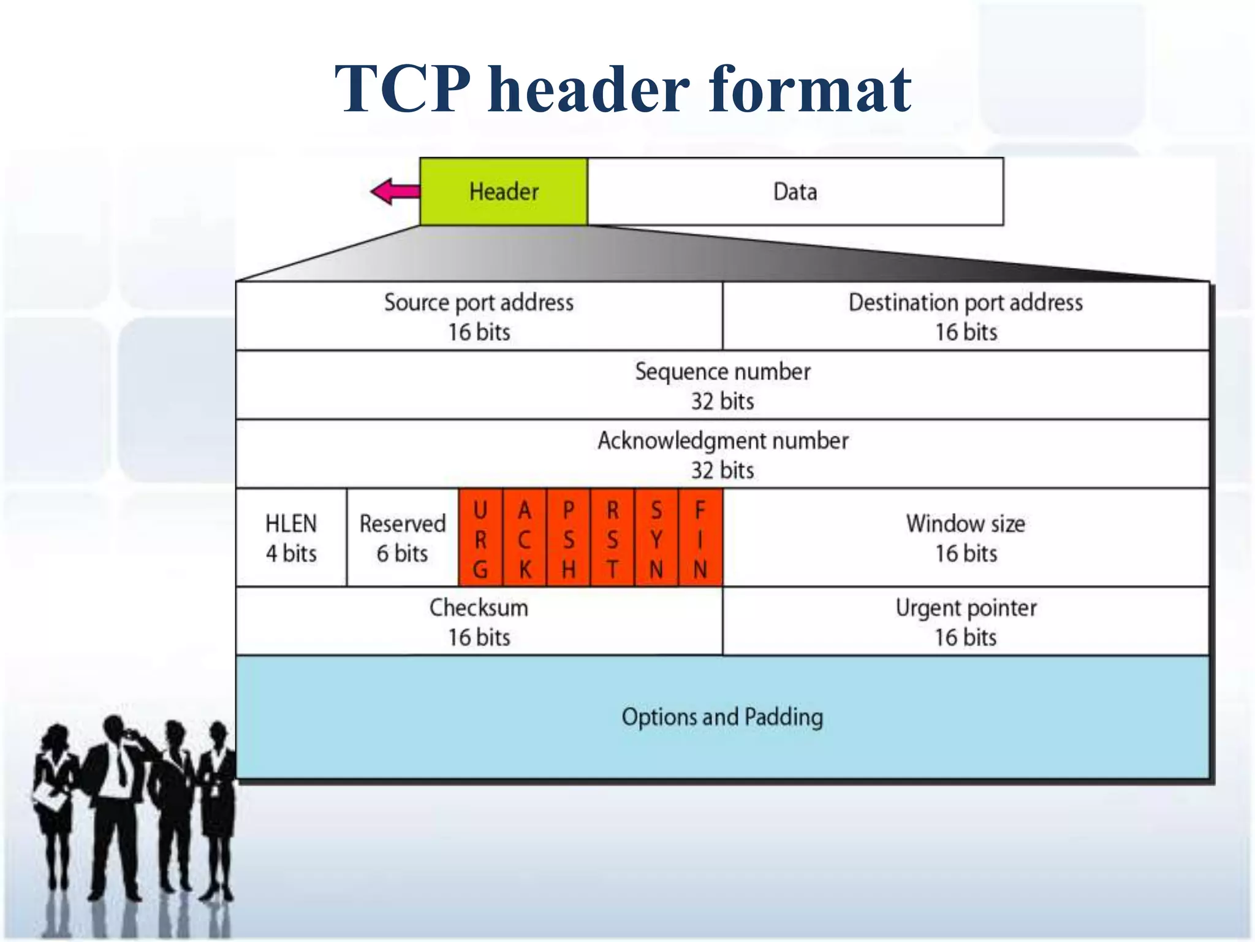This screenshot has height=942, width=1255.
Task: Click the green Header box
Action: coord(504,191)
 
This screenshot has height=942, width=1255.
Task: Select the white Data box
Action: coord(795,191)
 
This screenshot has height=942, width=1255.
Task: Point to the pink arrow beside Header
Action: coord(395,191)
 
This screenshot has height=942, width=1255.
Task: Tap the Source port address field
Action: coord(479,316)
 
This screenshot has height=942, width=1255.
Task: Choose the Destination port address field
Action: coord(966,316)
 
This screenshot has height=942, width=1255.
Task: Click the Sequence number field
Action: coord(722,385)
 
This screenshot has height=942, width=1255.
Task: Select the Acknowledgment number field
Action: coord(722,454)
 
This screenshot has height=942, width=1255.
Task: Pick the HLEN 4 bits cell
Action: coord(291,538)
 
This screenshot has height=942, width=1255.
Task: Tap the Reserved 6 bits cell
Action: coord(402,538)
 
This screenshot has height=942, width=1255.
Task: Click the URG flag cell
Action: coord(480,538)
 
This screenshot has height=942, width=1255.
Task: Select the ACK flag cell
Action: coord(525,538)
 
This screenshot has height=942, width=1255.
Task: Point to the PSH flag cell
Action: coord(569,538)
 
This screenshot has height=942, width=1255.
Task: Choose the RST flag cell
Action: coord(612,538)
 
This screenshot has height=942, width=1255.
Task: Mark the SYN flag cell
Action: coord(656,538)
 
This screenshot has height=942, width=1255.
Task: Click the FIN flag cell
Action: coord(700,538)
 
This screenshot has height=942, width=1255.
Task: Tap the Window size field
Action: coord(966,538)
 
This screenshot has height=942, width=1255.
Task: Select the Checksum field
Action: coord(479,621)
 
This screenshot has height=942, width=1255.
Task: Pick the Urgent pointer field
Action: coord(966,621)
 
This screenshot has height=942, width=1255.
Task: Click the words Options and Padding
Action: coord(722,716)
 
